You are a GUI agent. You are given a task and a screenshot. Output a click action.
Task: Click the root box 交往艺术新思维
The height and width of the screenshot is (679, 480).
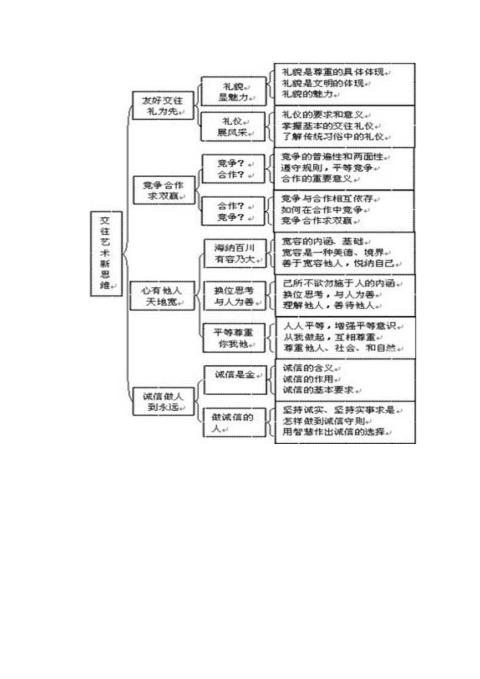tap(106, 253)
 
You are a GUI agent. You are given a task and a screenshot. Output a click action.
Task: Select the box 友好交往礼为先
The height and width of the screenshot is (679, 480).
tap(163, 106)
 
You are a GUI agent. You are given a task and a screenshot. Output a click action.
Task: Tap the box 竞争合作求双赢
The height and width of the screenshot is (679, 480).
tap(163, 190)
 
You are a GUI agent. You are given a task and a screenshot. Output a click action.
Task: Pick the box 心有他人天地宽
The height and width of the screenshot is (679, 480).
tap(162, 296)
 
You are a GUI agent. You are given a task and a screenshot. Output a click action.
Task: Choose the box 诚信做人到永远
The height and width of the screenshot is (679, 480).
tap(163, 402)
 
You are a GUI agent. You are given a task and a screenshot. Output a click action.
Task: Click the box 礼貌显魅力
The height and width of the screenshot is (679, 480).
tap(233, 91)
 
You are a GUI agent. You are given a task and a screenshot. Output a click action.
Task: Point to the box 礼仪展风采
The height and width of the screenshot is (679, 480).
tap(233, 127)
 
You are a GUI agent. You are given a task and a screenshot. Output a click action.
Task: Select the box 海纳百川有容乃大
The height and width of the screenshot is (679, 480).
tap(234, 254)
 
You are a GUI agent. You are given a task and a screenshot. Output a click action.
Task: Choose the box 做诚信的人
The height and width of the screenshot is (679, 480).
tap(233, 423)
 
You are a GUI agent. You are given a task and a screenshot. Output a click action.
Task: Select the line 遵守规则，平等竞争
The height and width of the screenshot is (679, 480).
tap(327, 168)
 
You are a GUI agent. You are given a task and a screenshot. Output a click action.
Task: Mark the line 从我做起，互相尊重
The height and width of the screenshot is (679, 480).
tap(329, 337)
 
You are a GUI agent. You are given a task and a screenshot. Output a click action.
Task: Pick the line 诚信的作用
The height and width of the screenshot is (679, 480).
tap(308, 379)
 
